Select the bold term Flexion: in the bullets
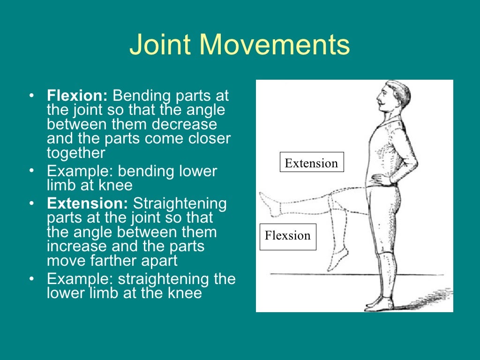(77, 96)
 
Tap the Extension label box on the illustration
(311, 163)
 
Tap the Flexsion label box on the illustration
(287, 236)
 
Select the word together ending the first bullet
(76, 153)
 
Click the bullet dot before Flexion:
(31, 97)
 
